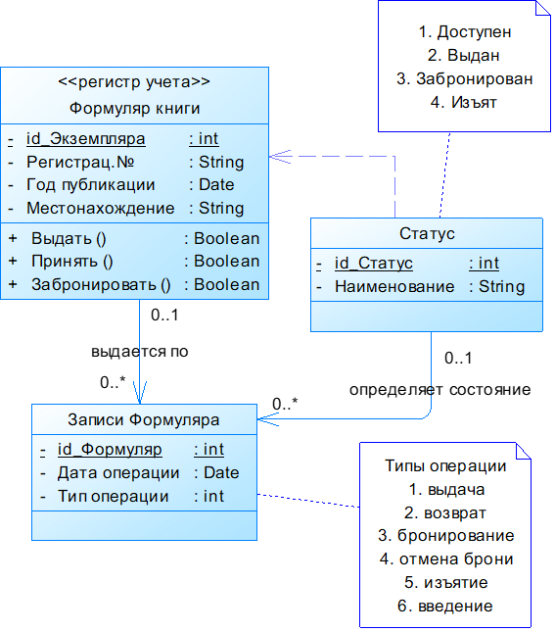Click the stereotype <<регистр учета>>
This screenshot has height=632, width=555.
(134, 82)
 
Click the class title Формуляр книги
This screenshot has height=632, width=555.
(134, 107)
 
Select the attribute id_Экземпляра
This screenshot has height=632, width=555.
(85, 139)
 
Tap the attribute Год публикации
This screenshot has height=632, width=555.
(90, 185)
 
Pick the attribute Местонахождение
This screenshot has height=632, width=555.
(100, 209)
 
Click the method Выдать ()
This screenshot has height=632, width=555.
(69, 239)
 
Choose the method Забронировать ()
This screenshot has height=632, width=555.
(101, 285)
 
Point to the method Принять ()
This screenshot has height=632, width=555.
(72, 262)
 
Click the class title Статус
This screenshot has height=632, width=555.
(427, 234)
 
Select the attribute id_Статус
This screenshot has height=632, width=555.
(373, 264)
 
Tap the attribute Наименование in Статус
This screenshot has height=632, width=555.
(394, 287)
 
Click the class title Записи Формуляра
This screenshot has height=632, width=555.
(144, 420)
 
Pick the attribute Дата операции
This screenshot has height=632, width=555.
(118, 473)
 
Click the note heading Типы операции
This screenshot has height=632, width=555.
(445, 466)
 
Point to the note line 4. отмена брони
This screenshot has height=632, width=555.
(445, 559)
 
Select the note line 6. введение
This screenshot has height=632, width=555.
(445, 607)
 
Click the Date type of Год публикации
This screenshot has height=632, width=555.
(216, 185)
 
